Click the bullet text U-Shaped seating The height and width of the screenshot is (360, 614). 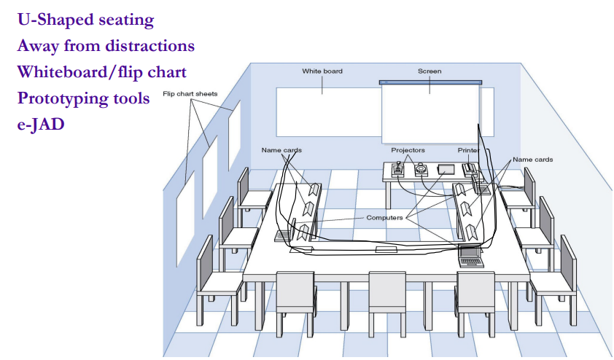85,20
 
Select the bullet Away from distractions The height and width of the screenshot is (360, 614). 106,46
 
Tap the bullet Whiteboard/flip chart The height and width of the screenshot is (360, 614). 101,72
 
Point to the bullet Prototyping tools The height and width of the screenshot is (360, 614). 83,98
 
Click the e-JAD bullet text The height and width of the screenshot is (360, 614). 41,124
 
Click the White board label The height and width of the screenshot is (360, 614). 322,71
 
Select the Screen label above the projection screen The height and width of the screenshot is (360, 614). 429,71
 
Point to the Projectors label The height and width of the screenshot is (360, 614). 408,150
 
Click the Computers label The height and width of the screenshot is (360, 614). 384,217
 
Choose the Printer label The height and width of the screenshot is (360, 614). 469,150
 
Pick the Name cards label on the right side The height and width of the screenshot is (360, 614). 532,159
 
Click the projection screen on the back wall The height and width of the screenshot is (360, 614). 429,113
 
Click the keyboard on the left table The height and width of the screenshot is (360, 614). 284,236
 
